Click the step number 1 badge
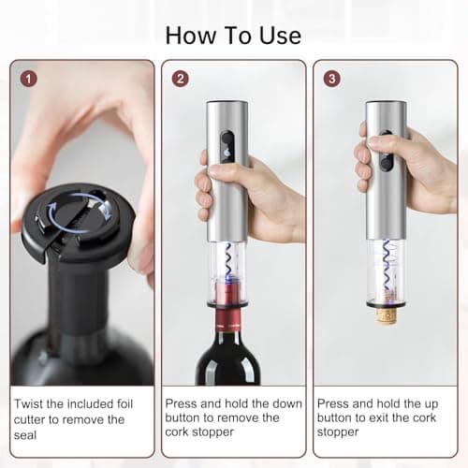(x=28, y=79)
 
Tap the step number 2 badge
(x=181, y=79)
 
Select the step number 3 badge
(x=331, y=79)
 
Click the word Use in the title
(x=280, y=36)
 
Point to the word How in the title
(x=190, y=36)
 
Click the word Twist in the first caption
(x=28, y=403)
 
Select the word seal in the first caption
(x=25, y=435)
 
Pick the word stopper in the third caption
(x=338, y=432)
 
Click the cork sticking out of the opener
(x=387, y=315)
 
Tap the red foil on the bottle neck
(x=228, y=319)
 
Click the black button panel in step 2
(x=227, y=146)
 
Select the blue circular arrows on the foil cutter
(x=80, y=212)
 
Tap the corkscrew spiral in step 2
(x=229, y=260)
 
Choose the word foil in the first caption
(x=125, y=403)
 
